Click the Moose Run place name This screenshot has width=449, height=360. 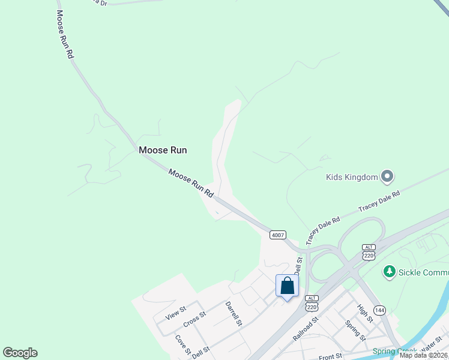point(163,150)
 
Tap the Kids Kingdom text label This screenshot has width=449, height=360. point(352,177)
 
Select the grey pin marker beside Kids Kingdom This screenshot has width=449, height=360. point(387,176)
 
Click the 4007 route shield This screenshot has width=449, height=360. point(277,235)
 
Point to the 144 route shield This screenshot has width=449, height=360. point(379,310)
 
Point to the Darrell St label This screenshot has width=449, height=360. point(233,313)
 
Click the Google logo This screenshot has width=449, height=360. point(20,353)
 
